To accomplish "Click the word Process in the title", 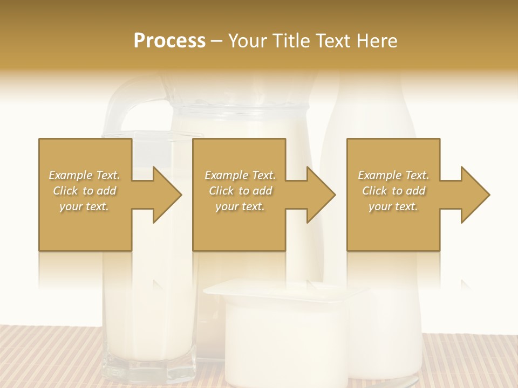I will (x=169, y=41).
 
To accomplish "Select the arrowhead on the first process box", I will (x=167, y=195).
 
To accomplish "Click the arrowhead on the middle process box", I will (x=321, y=195).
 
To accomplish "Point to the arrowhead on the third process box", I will (x=475, y=195).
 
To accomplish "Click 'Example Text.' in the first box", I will (x=85, y=175).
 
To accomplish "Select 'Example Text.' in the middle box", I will (x=240, y=175).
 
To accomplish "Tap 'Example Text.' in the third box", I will (x=393, y=175).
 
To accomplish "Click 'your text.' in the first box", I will (x=85, y=206).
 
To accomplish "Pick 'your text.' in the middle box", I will (x=240, y=206).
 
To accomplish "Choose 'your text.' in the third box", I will (x=393, y=206).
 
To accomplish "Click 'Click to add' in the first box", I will (x=85, y=191).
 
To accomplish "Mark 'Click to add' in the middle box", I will (x=240, y=191).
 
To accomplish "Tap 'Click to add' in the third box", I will (x=393, y=191).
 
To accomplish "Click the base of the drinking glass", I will (x=148, y=372).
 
